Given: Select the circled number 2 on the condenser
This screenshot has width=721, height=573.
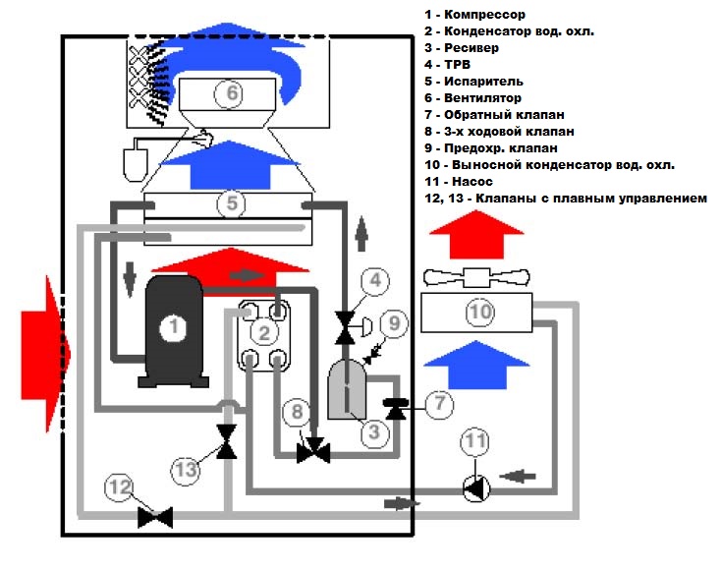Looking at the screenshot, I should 264,332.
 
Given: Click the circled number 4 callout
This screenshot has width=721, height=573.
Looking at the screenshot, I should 373,280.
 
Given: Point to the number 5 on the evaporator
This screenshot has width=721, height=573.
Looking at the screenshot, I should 232,204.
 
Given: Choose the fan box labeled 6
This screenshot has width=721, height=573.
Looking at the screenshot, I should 232,93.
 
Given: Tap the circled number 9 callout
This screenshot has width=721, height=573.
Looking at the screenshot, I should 393,321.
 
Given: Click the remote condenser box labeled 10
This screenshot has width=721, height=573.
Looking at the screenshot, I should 479,313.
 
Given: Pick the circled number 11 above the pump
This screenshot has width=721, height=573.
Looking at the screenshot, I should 474,441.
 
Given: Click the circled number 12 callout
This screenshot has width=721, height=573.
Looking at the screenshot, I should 119,486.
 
